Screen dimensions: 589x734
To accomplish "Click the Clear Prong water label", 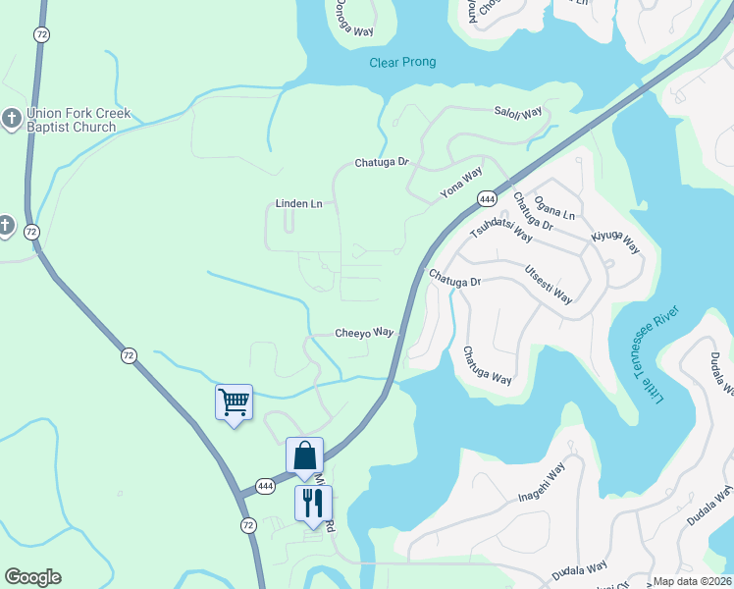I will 402,63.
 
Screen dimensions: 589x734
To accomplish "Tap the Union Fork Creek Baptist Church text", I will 72,121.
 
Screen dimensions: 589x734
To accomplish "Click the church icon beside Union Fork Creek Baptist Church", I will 11,120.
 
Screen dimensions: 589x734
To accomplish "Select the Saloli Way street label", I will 518,114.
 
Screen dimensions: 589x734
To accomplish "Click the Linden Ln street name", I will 297,204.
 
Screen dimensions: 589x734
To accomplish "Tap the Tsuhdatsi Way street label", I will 500,231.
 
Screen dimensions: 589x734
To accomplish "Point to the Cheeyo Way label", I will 364,333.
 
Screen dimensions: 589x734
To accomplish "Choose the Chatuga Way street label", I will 488,365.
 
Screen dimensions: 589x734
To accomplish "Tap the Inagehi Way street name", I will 542,484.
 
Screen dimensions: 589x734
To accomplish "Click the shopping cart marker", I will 234,402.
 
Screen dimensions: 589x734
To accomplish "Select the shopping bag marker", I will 304,455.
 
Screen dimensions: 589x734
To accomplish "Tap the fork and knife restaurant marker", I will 313,504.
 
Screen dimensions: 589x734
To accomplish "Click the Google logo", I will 32,577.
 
